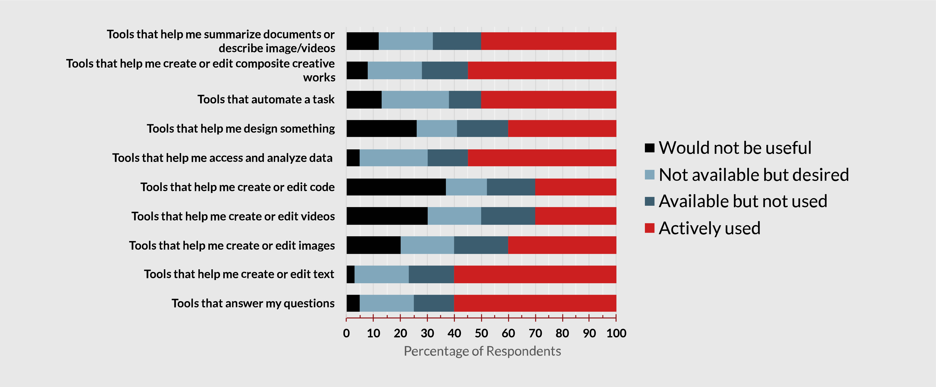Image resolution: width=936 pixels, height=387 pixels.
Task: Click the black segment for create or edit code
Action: [396, 187]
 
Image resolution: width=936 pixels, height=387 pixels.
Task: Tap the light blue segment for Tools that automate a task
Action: [415, 100]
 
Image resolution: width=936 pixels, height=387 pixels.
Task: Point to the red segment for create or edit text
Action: [535, 274]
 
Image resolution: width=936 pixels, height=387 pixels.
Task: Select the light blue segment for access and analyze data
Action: [394, 158]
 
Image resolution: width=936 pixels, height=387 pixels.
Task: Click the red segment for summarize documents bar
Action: [548, 41]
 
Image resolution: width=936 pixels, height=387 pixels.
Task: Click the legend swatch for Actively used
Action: [649, 228]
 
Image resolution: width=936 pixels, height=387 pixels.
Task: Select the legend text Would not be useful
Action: [735, 148]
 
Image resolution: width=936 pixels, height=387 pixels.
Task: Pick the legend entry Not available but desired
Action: [754, 175]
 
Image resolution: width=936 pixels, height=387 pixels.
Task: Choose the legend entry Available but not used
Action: [743, 201]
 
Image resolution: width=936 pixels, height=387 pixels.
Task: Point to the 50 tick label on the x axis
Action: [481, 333]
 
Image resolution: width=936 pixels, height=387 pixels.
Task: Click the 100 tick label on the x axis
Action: [616, 333]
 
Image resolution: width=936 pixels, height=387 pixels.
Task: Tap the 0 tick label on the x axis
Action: [346, 333]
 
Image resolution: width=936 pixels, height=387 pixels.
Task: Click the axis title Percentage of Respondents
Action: [482, 351]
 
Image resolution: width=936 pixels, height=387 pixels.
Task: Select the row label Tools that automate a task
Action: [266, 100]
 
